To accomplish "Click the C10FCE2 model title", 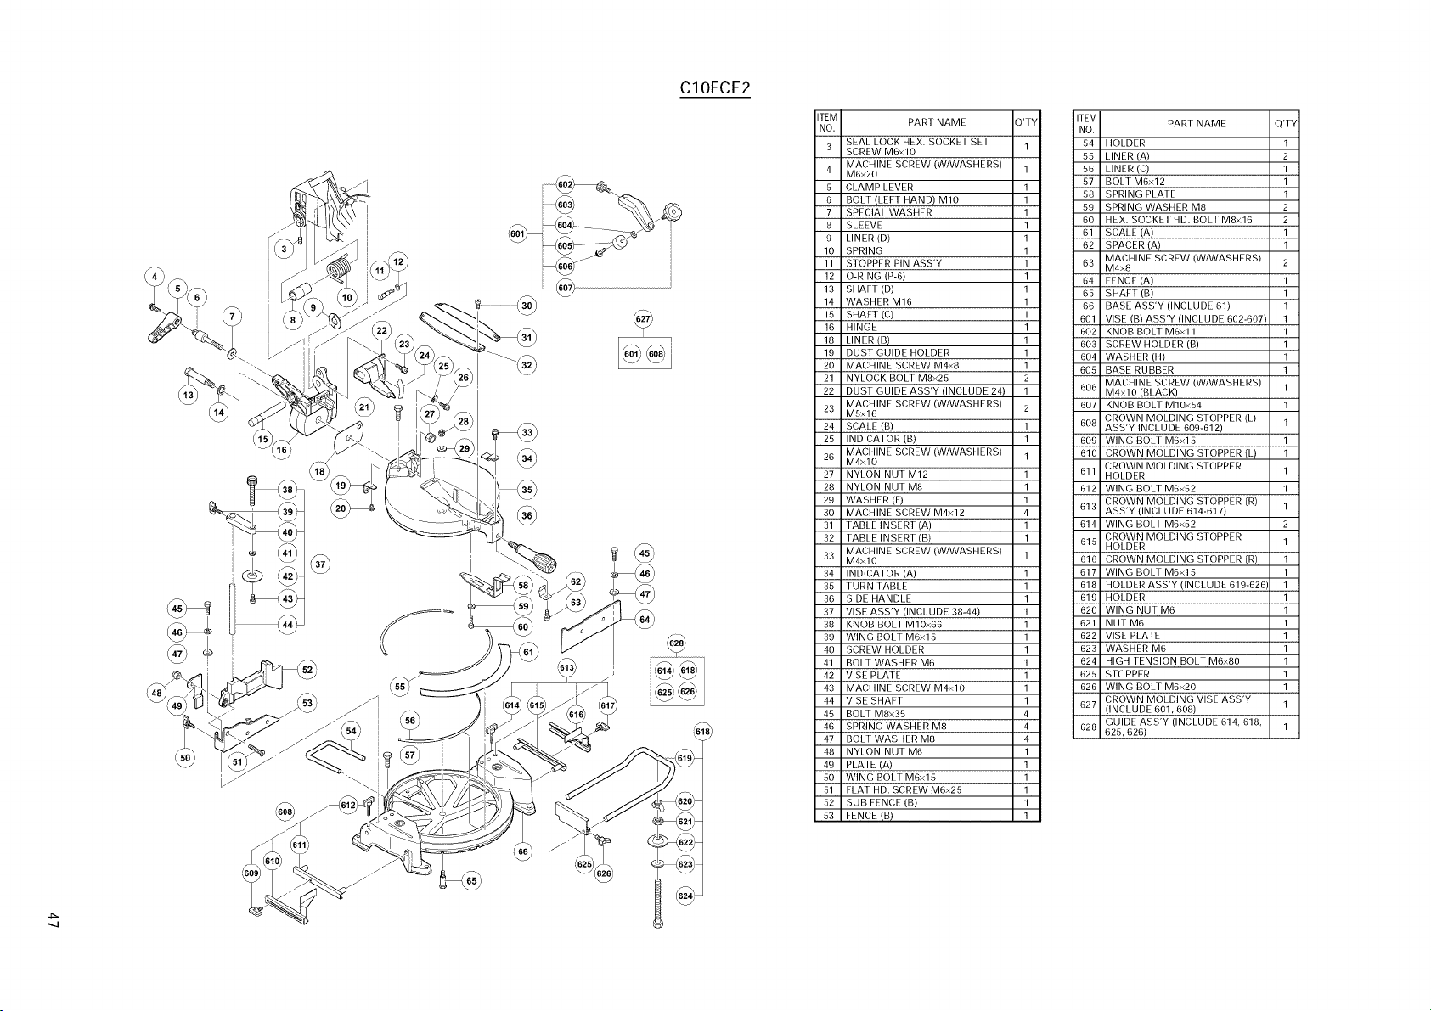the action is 715,88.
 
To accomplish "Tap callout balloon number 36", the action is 527,515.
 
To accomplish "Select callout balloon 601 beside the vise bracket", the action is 517,233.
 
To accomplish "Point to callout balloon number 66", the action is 523,851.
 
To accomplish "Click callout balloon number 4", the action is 155,278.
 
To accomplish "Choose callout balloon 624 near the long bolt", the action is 685,896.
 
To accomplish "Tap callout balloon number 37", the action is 320,564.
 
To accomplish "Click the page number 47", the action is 53,920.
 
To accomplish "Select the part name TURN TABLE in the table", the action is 876,587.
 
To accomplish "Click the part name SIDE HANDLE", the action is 878,599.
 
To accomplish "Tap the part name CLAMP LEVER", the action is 879,187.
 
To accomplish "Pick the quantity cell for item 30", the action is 1027,513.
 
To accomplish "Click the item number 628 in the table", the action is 1088,727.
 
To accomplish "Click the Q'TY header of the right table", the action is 1285,124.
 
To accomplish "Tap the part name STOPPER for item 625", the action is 1127,675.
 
